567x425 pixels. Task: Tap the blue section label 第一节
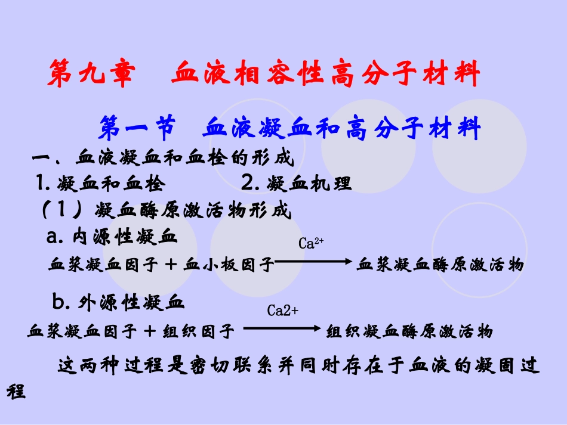[137, 127]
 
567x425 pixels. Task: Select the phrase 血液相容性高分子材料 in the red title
[325, 75]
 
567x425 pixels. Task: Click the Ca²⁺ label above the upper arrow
[311, 243]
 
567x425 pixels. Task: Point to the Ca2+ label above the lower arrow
[282, 311]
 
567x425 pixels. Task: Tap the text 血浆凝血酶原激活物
[440, 265]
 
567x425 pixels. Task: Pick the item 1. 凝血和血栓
[100, 184]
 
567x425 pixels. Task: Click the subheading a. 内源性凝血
[112, 237]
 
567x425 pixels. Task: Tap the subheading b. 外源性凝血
[119, 303]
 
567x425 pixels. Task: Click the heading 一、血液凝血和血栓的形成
[163, 159]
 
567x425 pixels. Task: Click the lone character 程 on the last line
[16, 392]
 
